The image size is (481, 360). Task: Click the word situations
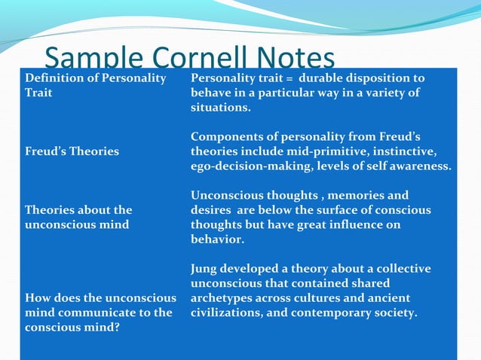pyautogui.click(x=220, y=108)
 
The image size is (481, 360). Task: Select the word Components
pyautogui.click(x=225, y=136)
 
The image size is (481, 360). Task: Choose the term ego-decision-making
pyautogui.click(x=250, y=166)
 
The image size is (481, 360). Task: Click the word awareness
pyautogui.click(x=422, y=166)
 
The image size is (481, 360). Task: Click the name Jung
pyautogui.click(x=204, y=269)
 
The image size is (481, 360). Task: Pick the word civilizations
pyautogui.click(x=230, y=313)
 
